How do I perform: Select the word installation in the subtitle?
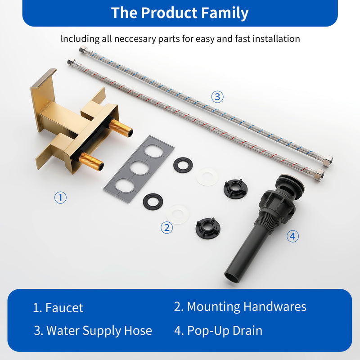click(273, 39)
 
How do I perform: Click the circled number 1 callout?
click(61, 197)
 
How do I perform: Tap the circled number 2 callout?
click(166, 228)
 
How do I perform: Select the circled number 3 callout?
click(217, 96)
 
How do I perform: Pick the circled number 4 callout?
click(293, 236)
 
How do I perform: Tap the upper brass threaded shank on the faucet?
click(122, 128)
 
